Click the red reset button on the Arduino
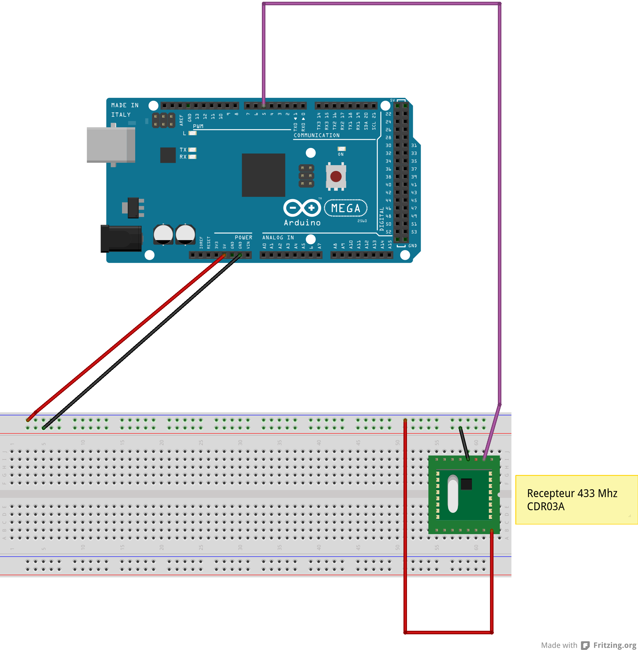(336, 176)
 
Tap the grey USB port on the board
(111, 145)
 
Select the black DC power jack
(121, 238)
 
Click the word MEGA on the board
(346, 208)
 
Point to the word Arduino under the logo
(302, 223)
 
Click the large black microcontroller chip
(263, 175)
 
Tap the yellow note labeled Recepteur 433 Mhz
(576, 499)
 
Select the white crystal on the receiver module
(453, 494)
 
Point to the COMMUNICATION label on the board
(316, 135)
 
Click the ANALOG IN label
(278, 237)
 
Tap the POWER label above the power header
(243, 237)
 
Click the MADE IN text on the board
(125, 105)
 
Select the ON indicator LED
(341, 149)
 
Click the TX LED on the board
(192, 150)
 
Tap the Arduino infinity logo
(302, 208)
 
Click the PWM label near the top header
(198, 126)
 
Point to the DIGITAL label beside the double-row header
(382, 219)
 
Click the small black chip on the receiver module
(466, 484)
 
